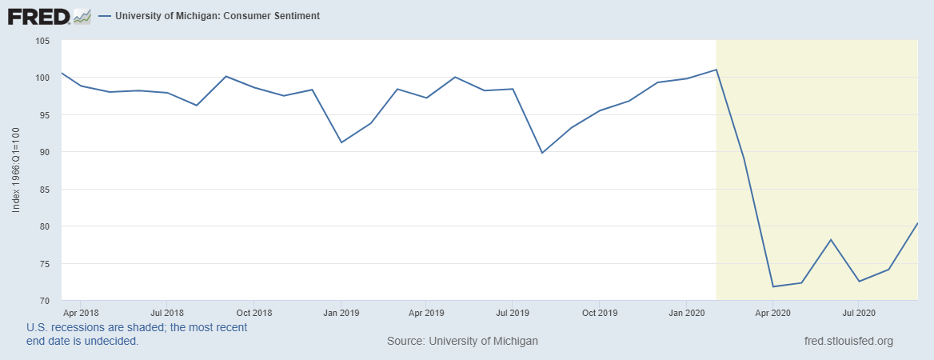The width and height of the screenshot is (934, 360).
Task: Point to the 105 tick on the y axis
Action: (42, 41)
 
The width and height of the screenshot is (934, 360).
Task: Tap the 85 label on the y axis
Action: (44, 190)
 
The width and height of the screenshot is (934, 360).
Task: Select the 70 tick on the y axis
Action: (44, 301)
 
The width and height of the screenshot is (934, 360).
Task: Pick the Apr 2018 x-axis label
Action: (80, 311)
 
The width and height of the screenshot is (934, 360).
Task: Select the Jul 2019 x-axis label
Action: (512, 311)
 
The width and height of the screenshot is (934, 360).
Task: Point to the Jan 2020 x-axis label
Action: (686, 311)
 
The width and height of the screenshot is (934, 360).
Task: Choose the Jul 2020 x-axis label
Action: (858, 311)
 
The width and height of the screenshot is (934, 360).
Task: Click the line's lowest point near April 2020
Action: (773, 286)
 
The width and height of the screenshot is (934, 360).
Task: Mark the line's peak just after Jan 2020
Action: (716, 70)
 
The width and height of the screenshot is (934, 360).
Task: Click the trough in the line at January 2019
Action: (341, 142)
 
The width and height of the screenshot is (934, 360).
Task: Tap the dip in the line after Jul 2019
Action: (542, 153)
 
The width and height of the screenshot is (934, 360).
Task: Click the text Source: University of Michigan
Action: (462, 341)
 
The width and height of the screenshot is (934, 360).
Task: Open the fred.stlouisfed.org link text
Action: (848, 341)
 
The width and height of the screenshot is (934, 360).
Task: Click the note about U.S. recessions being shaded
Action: (137, 334)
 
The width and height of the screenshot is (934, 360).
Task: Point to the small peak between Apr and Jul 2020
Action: (831, 240)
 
